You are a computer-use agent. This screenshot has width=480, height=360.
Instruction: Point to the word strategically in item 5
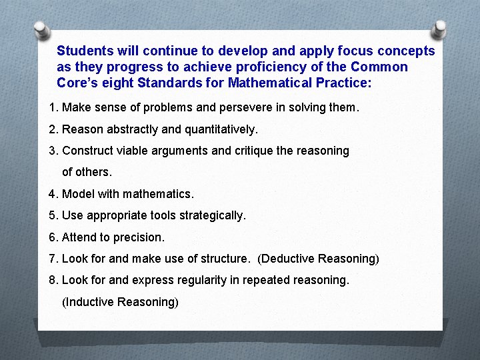215,215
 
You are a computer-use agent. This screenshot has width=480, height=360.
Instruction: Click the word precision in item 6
141,237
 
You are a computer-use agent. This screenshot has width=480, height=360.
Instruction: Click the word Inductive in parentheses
89,302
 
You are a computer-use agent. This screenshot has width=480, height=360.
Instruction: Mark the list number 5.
53,215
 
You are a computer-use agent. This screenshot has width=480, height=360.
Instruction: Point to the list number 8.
53,280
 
